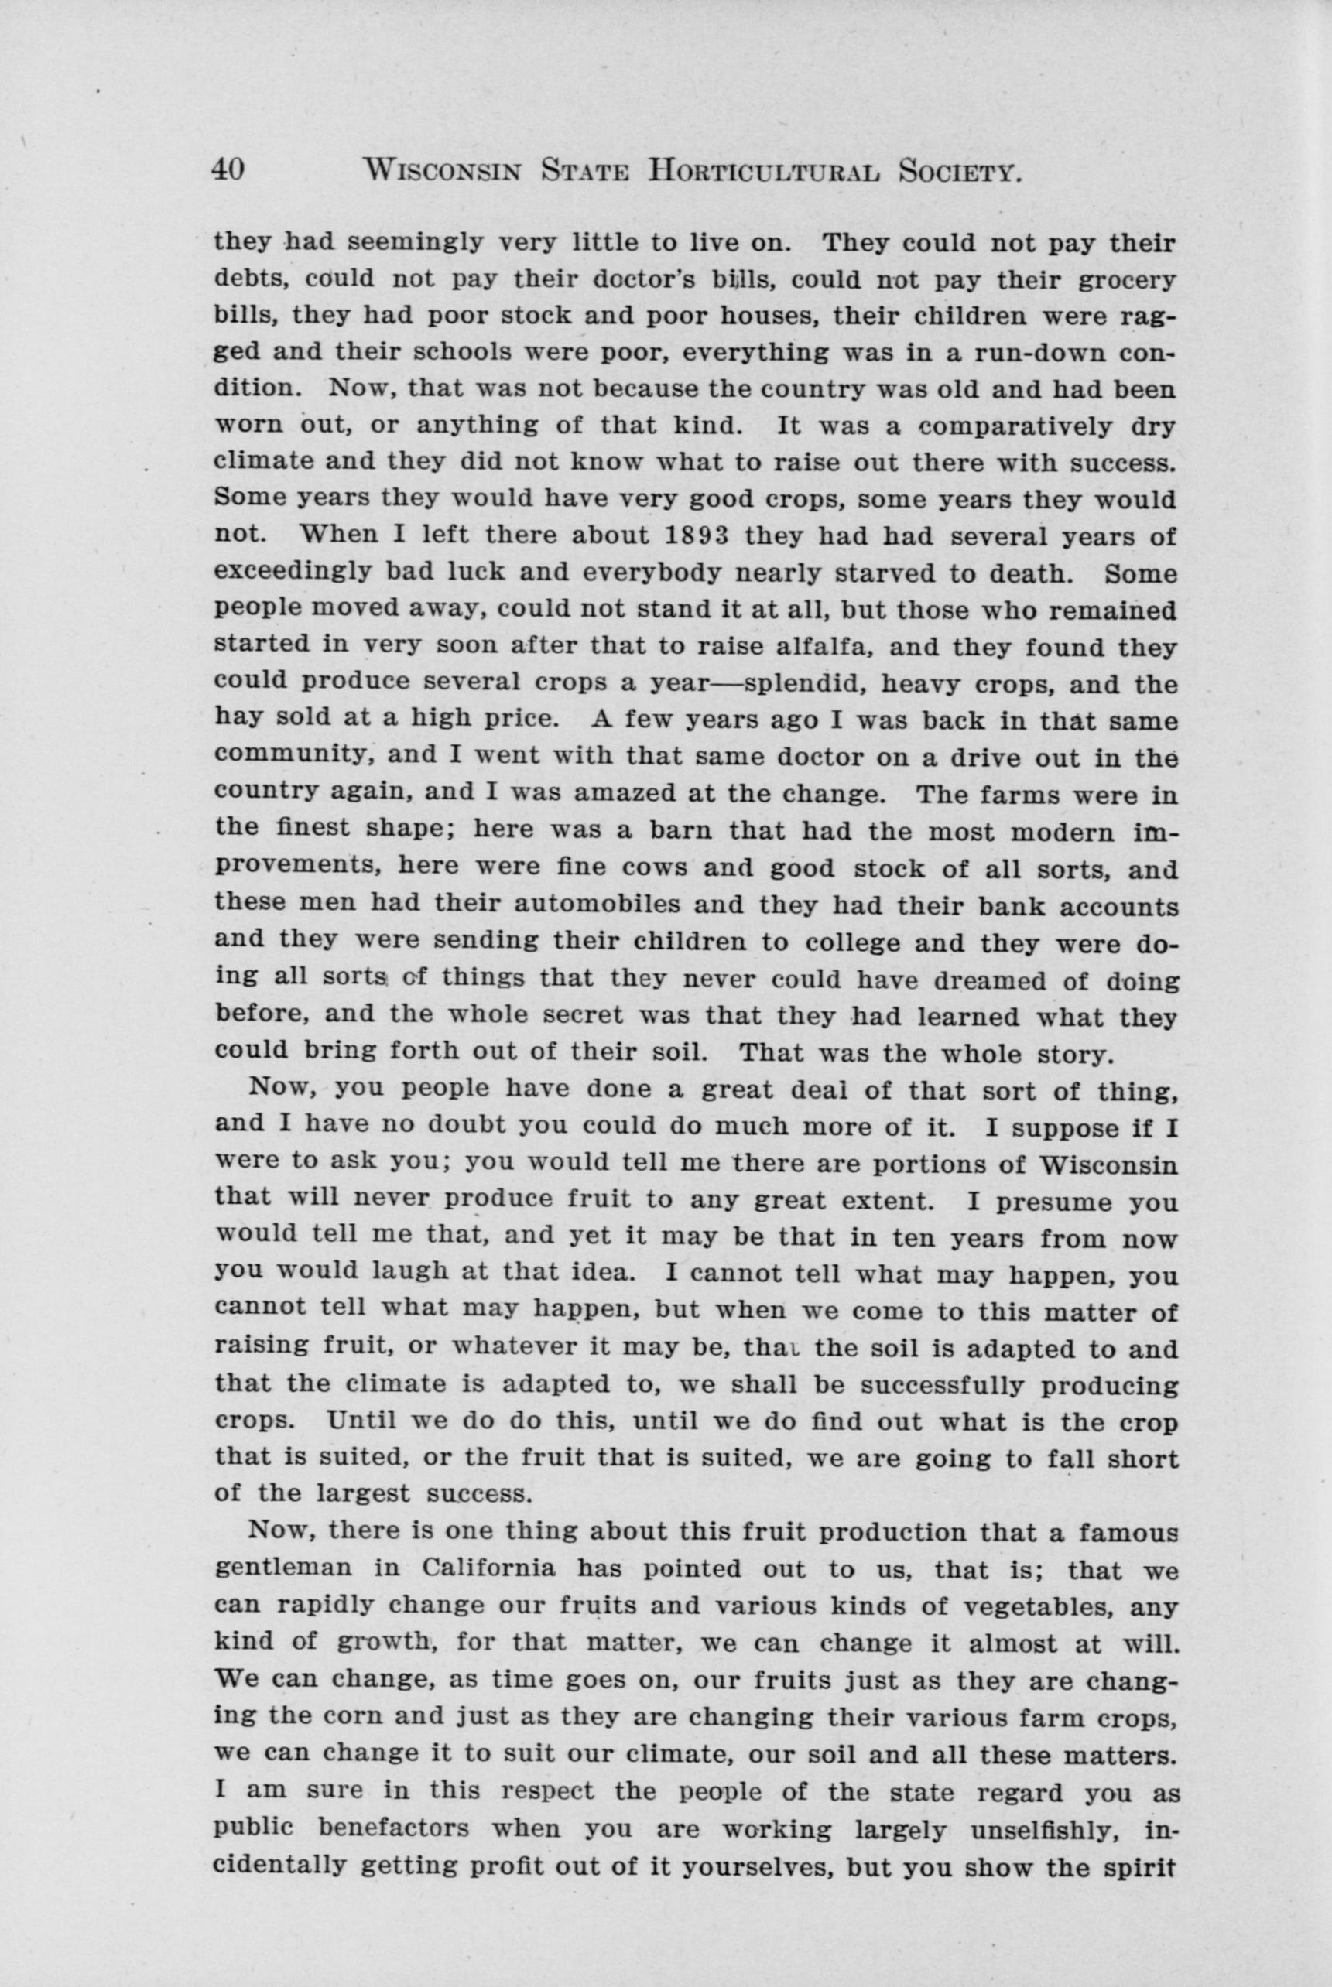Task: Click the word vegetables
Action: point(1017,1606)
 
